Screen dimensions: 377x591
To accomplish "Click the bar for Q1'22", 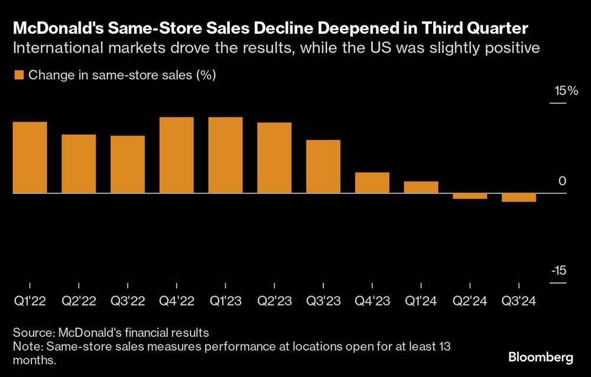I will [30, 157].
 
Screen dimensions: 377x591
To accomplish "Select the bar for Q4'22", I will [177, 155].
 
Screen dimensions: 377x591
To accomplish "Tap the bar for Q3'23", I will [323, 167].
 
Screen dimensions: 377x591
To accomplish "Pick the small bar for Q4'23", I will [372, 183].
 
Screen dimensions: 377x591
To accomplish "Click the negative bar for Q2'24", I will [470, 196].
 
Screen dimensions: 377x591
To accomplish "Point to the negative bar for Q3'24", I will [519, 198].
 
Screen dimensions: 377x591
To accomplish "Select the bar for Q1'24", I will [421, 187].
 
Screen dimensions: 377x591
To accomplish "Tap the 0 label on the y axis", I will [562, 181].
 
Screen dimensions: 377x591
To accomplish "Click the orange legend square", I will [18, 75].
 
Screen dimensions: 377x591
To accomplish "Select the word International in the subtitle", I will [55, 48].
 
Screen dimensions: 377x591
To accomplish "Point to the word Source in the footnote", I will [32, 331].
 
